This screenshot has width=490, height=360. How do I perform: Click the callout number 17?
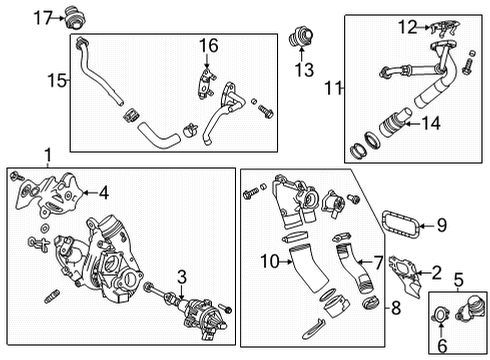pyautogui.click(x=39, y=16)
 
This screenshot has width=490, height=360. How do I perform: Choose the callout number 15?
pyautogui.click(x=59, y=81)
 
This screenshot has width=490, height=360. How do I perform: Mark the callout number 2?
pyautogui.click(x=436, y=272)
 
